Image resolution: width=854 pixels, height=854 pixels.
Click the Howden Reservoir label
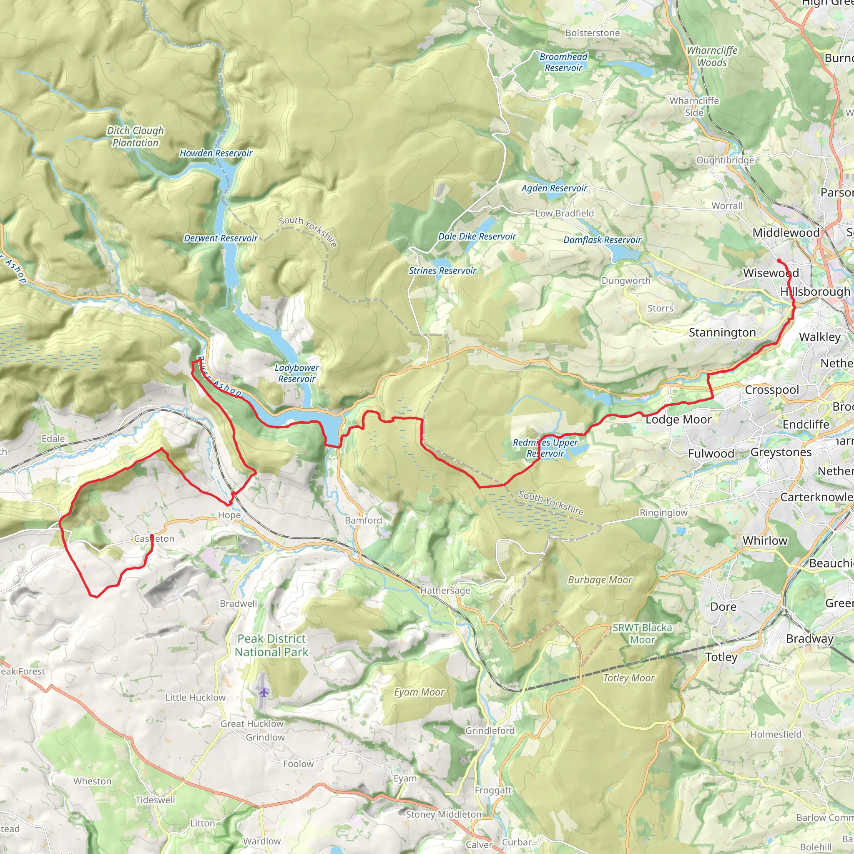[x=216, y=153]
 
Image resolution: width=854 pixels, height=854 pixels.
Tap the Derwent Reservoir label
[x=221, y=238]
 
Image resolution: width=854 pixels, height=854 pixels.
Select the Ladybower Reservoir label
[x=296, y=373]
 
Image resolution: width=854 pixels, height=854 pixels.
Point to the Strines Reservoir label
[x=442, y=271]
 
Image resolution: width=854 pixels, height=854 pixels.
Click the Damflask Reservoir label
[x=602, y=240]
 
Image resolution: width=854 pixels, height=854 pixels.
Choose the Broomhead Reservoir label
[x=564, y=62]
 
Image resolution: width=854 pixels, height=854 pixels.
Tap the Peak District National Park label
[x=271, y=646]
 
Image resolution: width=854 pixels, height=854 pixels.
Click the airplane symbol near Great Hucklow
[x=264, y=692]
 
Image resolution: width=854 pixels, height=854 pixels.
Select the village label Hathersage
[x=445, y=590]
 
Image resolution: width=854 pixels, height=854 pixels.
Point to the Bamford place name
[x=363, y=520]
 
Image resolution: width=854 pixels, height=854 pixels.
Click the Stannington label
[x=722, y=332]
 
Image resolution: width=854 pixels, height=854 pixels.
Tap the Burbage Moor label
[x=600, y=580]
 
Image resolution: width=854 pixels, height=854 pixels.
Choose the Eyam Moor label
[x=419, y=692]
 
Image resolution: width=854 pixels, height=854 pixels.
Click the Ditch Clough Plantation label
[x=135, y=137]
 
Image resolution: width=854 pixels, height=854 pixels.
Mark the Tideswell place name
[x=155, y=800]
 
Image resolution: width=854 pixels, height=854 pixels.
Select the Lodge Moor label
[x=678, y=419]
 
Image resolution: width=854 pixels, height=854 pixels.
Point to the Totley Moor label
[x=628, y=678]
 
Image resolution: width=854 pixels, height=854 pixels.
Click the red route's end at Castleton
[x=152, y=536]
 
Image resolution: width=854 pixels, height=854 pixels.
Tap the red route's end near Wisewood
[x=779, y=260]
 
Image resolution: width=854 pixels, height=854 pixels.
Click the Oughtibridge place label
[x=725, y=160]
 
